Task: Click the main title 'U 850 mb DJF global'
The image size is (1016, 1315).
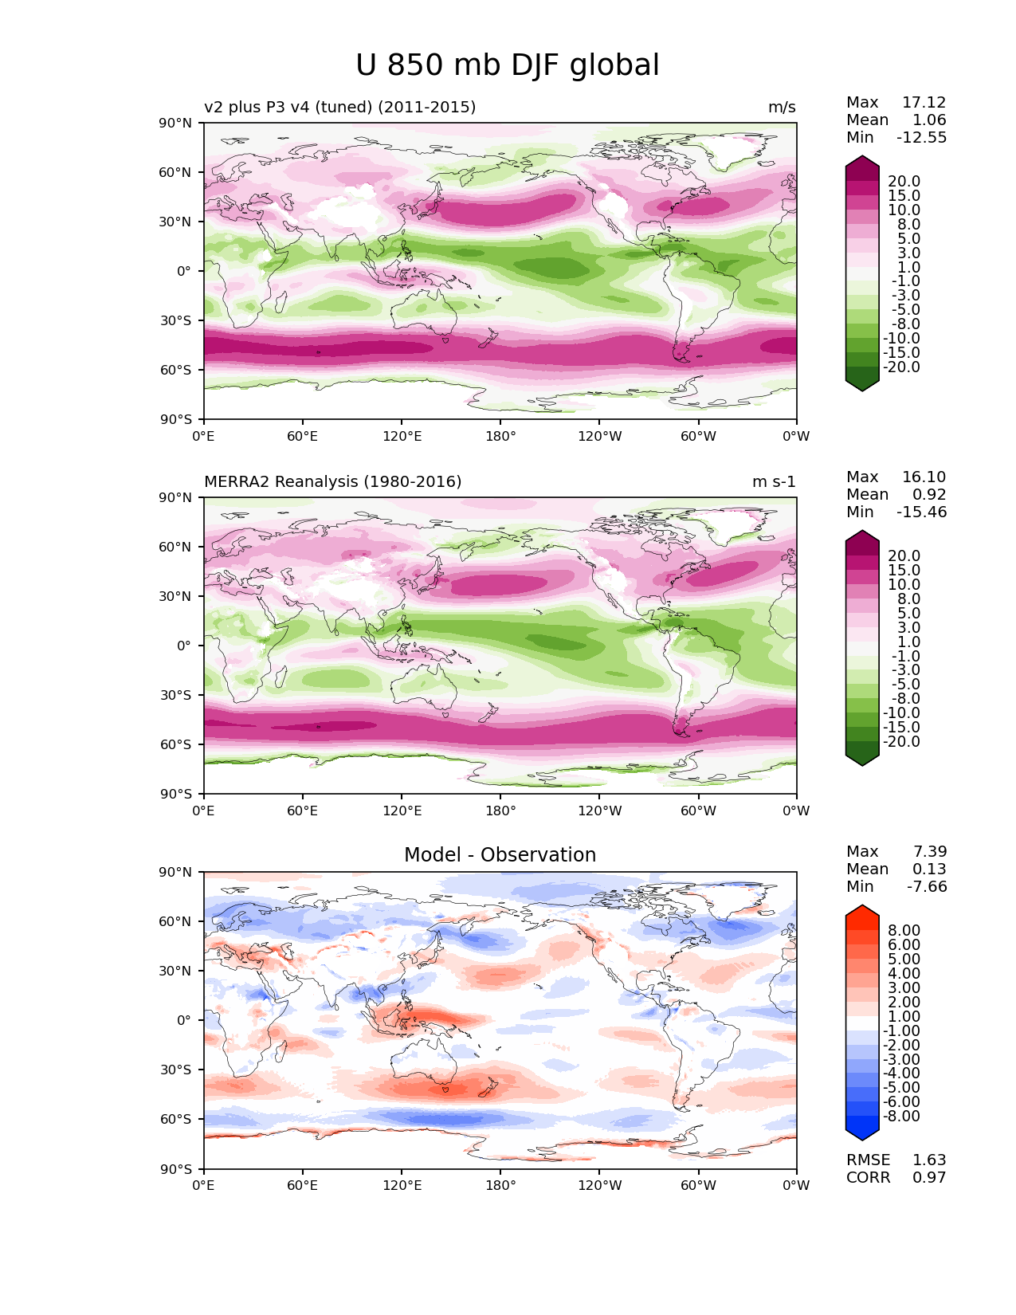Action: (508, 65)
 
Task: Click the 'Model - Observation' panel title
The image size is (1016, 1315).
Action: (500, 855)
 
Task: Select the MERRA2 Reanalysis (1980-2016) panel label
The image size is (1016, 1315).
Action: (332, 482)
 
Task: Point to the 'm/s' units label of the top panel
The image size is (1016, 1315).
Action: (782, 108)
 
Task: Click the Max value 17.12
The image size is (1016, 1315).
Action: (924, 103)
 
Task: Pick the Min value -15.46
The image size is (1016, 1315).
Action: (922, 512)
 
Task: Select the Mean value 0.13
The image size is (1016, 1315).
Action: (929, 869)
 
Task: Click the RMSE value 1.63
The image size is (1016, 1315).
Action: (929, 1160)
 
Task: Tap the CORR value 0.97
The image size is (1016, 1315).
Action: (929, 1178)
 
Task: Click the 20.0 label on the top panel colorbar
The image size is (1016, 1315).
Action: (904, 182)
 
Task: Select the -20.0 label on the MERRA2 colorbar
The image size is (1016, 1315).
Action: (900, 742)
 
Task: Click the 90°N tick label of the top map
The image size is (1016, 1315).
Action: (175, 124)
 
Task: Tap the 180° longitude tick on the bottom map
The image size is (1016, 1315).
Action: (500, 1186)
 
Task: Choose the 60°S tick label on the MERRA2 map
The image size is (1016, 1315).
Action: (175, 744)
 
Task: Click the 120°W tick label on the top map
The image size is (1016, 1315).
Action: (600, 437)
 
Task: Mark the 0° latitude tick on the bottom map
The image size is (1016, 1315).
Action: (183, 1020)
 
